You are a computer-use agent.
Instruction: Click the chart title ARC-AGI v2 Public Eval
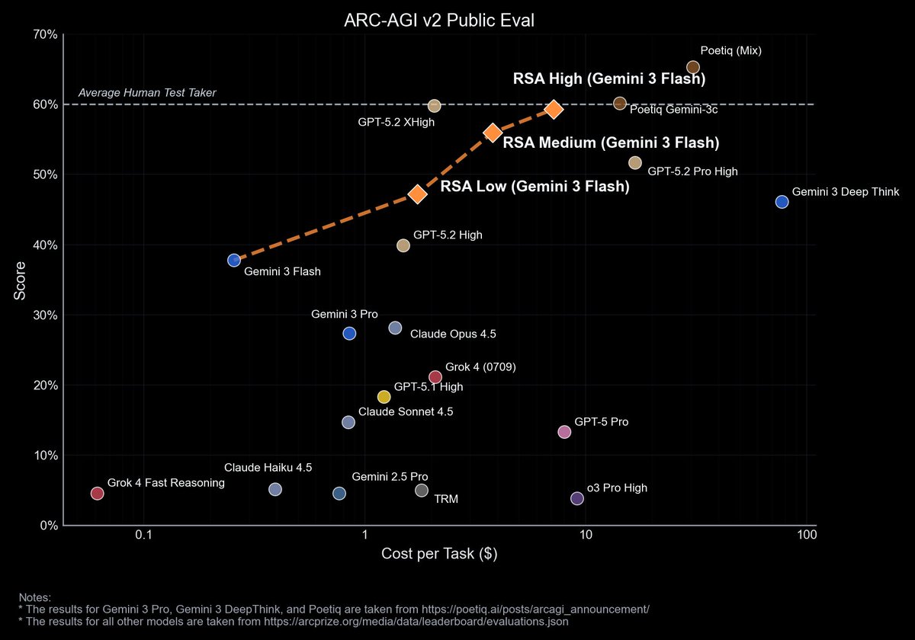click(x=438, y=20)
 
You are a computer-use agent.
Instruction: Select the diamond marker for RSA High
click(x=554, y=109)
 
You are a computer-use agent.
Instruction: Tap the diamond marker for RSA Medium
click(x=493, y=133)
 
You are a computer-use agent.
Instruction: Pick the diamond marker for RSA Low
click(x=417, y=194)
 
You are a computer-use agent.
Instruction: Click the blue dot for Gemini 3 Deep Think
click(x=782, y=202)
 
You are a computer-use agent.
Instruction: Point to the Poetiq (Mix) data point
click(x=693, y=68)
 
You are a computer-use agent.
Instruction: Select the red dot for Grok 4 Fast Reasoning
click(x=97, y=493)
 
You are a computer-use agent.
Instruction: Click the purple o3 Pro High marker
click(x=577, y=498)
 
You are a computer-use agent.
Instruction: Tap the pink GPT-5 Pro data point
click(x=564, y=432)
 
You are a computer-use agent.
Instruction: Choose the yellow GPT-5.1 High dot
click(x=384, y=397)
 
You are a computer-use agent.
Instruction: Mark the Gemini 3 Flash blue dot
click(x=234, y=261)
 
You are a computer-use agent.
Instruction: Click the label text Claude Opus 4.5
click(x=453, y=334)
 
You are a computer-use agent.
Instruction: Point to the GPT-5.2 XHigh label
click(x=396, y=122)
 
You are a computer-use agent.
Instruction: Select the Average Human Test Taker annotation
click(x=147, y=93)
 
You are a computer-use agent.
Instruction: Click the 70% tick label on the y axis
click(x=43, y=34)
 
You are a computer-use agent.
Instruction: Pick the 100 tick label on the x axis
click(x=806, y=536)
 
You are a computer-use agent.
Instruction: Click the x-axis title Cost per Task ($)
click(x=439, y=554)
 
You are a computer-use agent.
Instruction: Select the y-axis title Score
click(x=21, y=280)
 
